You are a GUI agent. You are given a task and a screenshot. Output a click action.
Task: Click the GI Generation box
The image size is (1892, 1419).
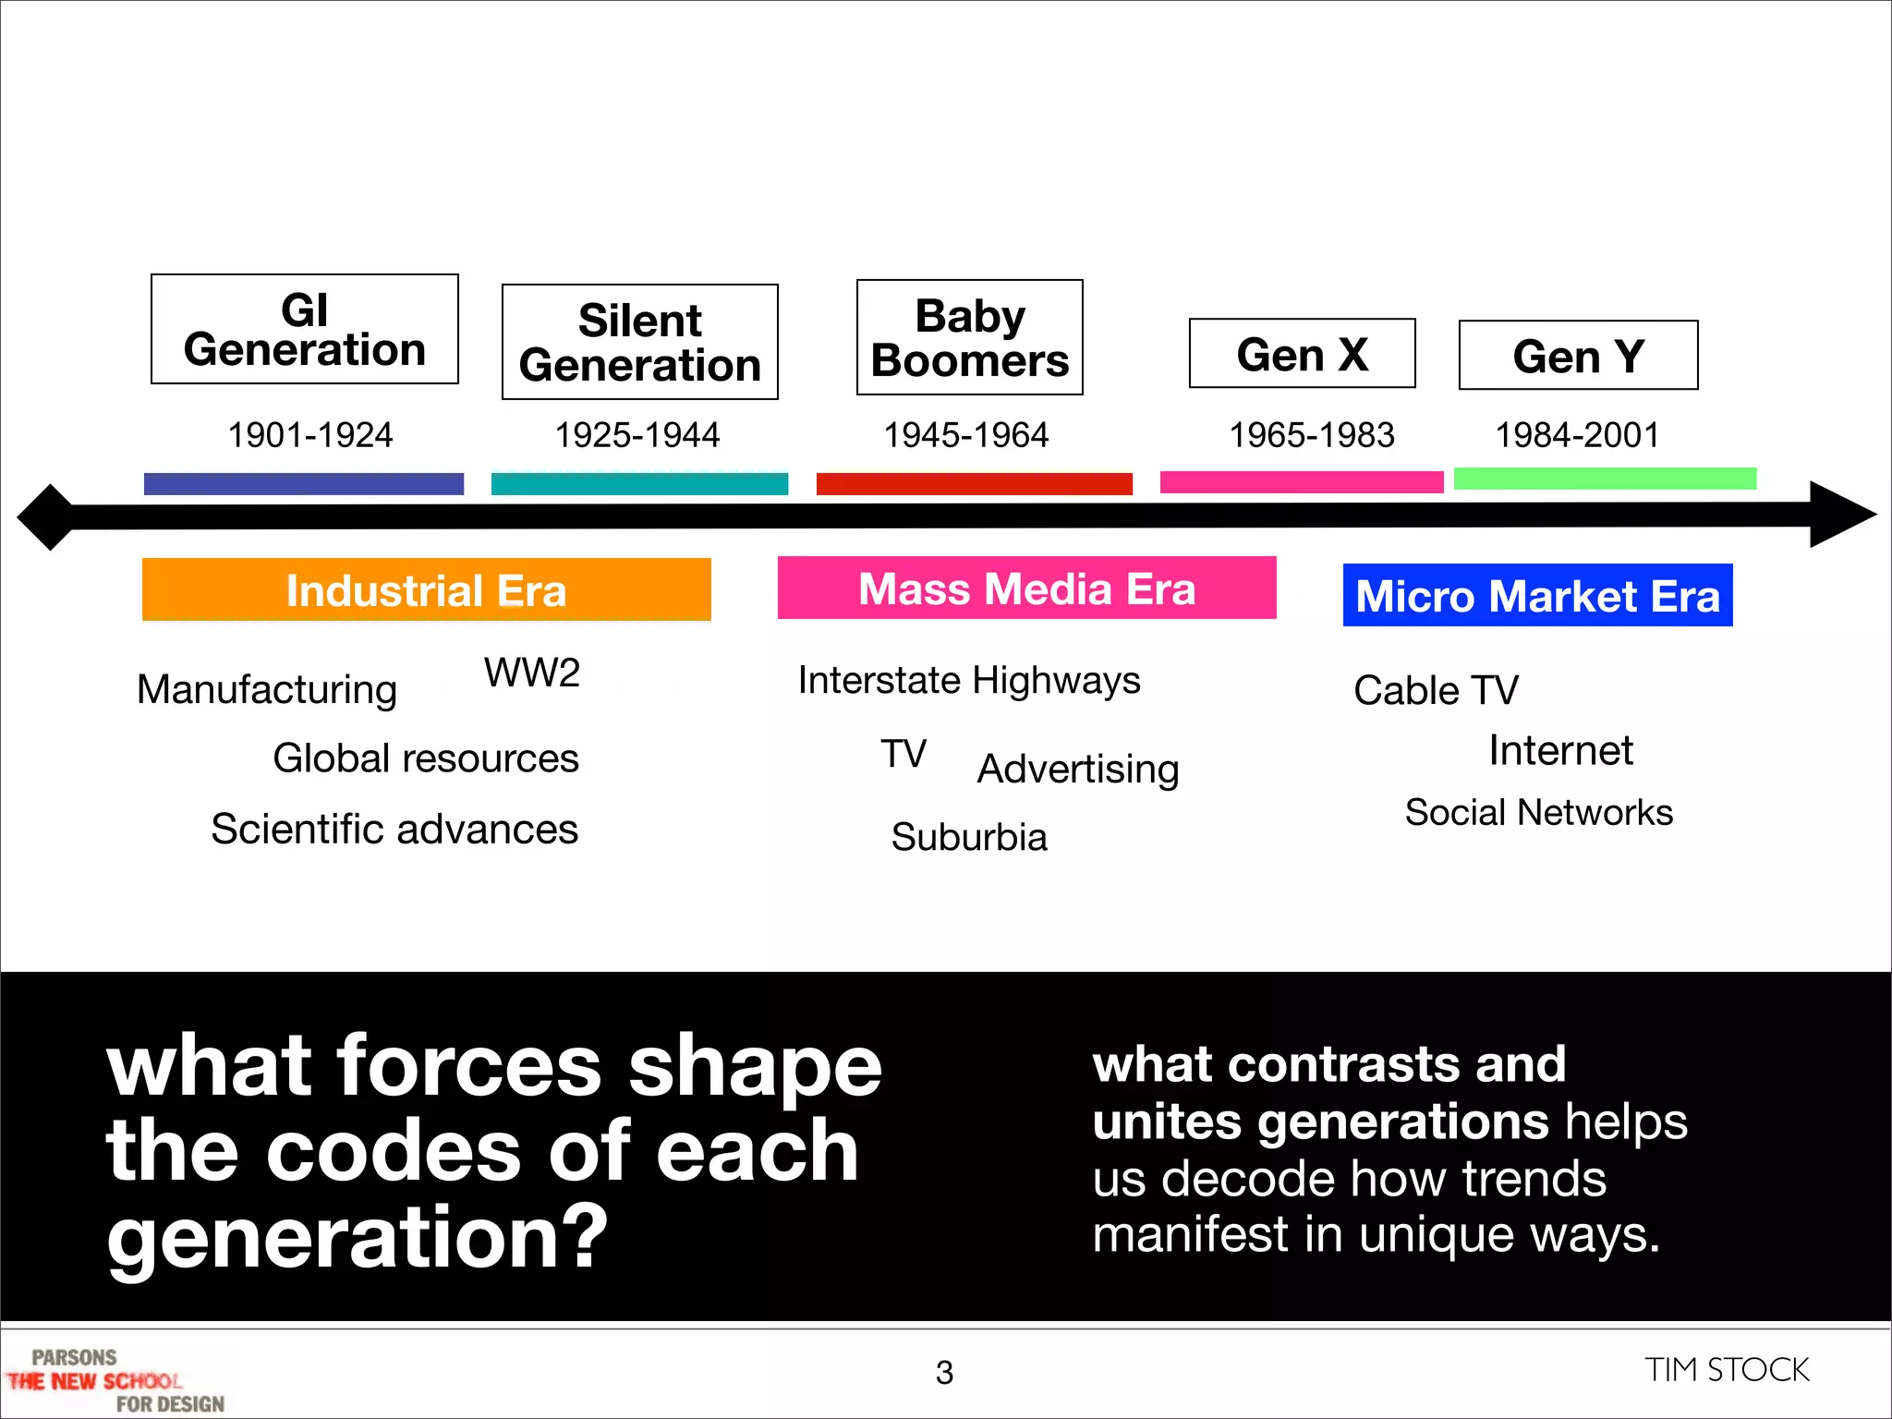tap(304, 329)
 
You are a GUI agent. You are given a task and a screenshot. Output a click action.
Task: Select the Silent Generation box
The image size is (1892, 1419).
tap(639, 342)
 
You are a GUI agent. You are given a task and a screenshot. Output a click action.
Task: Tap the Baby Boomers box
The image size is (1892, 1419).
tap(969, 337)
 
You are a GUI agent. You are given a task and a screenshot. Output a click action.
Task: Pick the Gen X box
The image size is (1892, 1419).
tap(1302, 354)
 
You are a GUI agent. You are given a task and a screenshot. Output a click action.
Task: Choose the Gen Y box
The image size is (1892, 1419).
tap(1578, 356)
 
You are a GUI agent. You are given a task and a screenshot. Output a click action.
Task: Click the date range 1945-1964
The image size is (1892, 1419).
tap(965, 435)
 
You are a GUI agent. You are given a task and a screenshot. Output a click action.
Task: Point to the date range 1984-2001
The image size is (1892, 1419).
tap(1577, 435)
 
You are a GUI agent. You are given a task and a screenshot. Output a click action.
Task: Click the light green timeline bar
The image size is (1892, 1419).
tap(1605, 479)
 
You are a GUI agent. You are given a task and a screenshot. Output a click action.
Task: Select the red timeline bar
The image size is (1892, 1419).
tap(974, 484)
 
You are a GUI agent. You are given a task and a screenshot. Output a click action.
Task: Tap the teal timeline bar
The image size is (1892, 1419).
tap(639, 484)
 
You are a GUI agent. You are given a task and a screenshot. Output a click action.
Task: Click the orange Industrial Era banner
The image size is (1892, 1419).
tap(426, 590)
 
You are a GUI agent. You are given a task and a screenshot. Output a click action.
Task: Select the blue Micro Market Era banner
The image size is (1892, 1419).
tap(1537, 596)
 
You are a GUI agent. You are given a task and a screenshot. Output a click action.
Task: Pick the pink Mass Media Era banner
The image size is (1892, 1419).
tap(1026, 588)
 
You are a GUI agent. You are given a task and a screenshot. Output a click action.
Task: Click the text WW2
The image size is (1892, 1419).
tap(532, 673)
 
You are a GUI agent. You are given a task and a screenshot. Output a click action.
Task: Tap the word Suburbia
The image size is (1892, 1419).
tap(969, 837)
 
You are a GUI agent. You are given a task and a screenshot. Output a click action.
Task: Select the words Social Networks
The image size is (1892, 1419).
tap(1538, 813)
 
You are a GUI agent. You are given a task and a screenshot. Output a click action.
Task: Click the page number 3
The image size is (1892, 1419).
tap(944, 1373)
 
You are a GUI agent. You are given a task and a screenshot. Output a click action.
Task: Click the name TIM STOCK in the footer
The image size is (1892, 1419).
tap(1726, 1370)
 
